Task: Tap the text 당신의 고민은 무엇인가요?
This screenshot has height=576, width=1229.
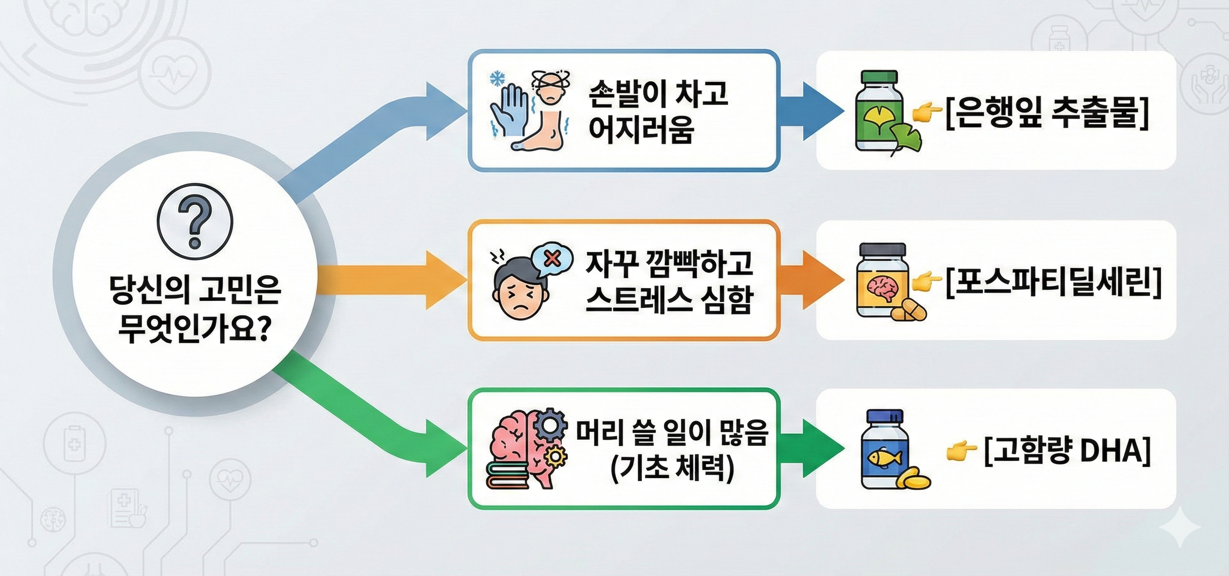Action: (x=195, y=309)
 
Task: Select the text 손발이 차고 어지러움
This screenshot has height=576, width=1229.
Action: (x=659, y=111)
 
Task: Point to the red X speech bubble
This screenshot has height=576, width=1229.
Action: (x=553, y=259)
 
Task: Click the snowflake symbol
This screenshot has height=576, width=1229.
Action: (x=498, y=78)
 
